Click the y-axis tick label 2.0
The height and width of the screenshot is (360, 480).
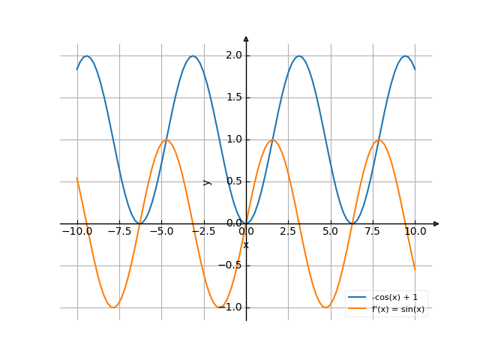(233, 55)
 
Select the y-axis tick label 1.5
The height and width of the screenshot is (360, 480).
(233, 97)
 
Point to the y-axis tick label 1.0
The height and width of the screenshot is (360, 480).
(233, 139)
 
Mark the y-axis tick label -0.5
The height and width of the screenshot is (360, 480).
(230, 265)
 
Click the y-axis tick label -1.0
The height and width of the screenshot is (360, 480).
(230, 307)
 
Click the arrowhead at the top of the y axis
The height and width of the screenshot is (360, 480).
(246, 38)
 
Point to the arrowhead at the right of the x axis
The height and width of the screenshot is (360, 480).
(436, 223)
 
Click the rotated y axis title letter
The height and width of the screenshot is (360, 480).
(208, 181)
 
